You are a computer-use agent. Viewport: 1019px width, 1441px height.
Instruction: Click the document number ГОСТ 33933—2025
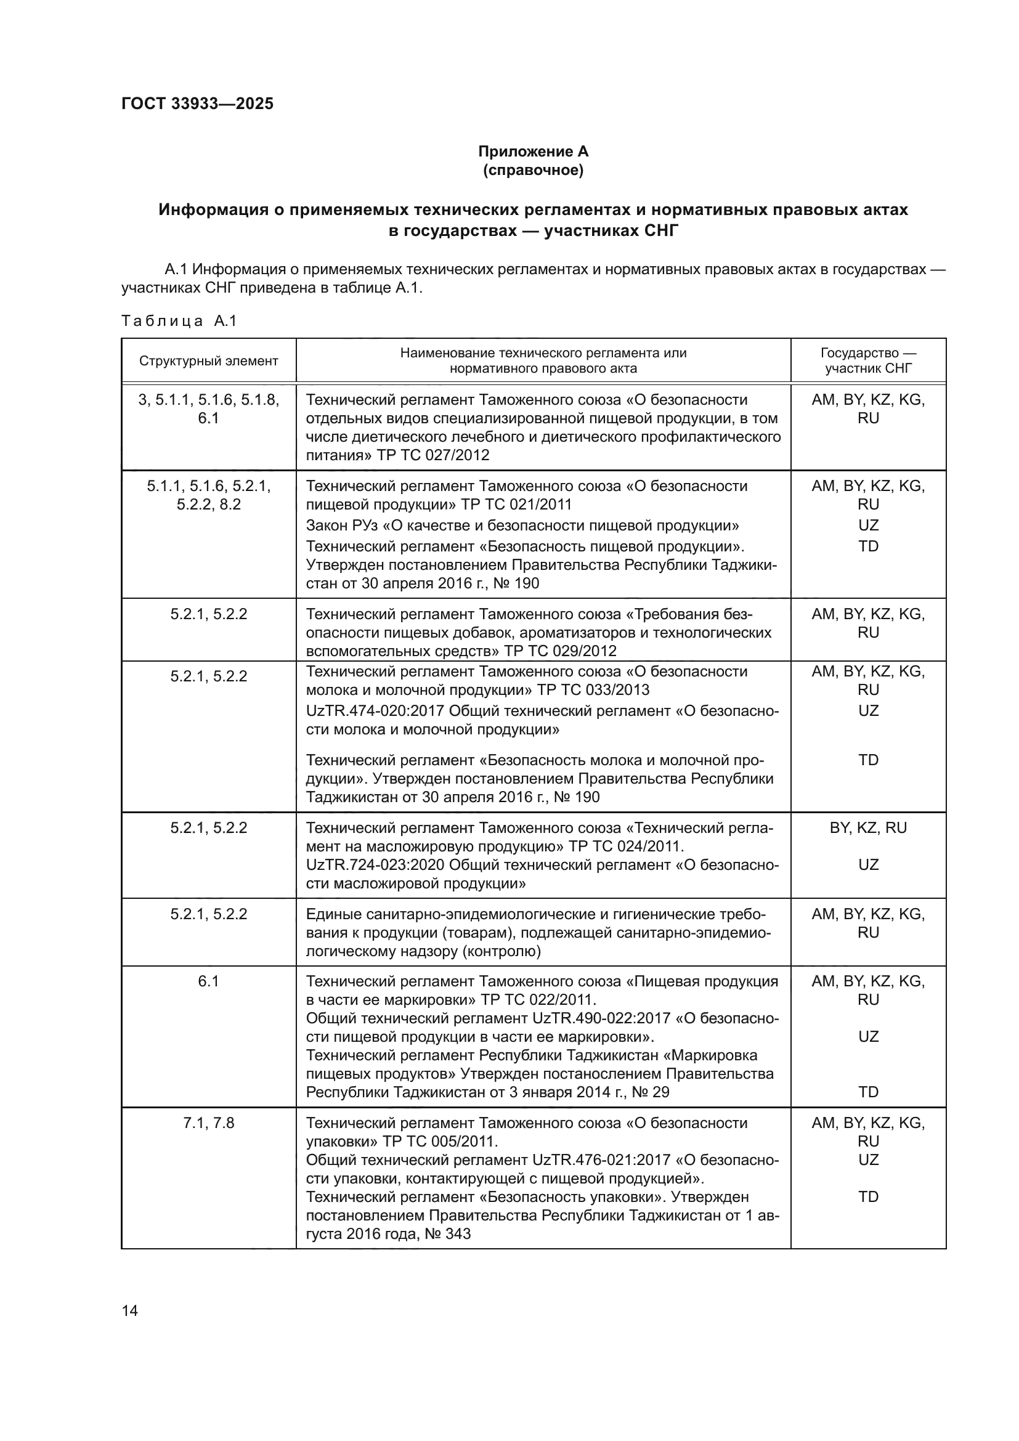tap(197, 104)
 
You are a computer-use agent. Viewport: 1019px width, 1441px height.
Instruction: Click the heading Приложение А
tap(533, 152)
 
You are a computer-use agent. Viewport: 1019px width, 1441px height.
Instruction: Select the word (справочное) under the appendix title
tap(533, 170)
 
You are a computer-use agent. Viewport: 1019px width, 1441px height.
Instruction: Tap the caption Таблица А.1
tap(179, 321)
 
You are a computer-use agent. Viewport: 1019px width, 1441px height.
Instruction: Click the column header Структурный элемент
tap(208, 361)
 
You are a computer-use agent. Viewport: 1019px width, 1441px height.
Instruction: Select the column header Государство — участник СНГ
tap(868, 361)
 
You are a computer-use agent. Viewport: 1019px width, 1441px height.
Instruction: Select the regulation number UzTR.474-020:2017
tap(375, 711)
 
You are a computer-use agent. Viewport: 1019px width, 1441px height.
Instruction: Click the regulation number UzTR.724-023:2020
tap(375, 865)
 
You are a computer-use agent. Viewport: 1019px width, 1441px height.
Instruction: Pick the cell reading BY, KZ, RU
tap(868, 828)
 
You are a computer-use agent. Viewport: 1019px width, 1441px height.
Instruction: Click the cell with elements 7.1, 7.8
tap(208, 1123)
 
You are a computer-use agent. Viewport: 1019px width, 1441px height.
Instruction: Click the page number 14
tap(130, 1310)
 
